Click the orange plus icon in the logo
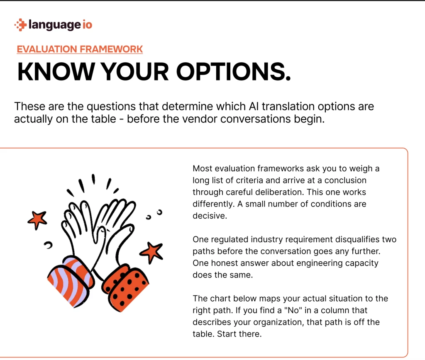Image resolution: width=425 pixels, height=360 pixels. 21,25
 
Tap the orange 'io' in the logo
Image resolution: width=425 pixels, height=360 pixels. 87,24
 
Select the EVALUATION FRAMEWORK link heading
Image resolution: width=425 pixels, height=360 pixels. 80,49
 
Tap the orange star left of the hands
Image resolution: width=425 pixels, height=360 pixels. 37,220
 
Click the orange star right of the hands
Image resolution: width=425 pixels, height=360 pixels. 152,252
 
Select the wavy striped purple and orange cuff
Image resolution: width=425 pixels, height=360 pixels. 71,282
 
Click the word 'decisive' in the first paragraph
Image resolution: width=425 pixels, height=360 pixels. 209,216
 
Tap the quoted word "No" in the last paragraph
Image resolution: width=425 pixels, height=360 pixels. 293,310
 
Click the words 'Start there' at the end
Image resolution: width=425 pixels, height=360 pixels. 239,334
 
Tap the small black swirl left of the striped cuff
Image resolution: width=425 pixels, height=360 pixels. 48,245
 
